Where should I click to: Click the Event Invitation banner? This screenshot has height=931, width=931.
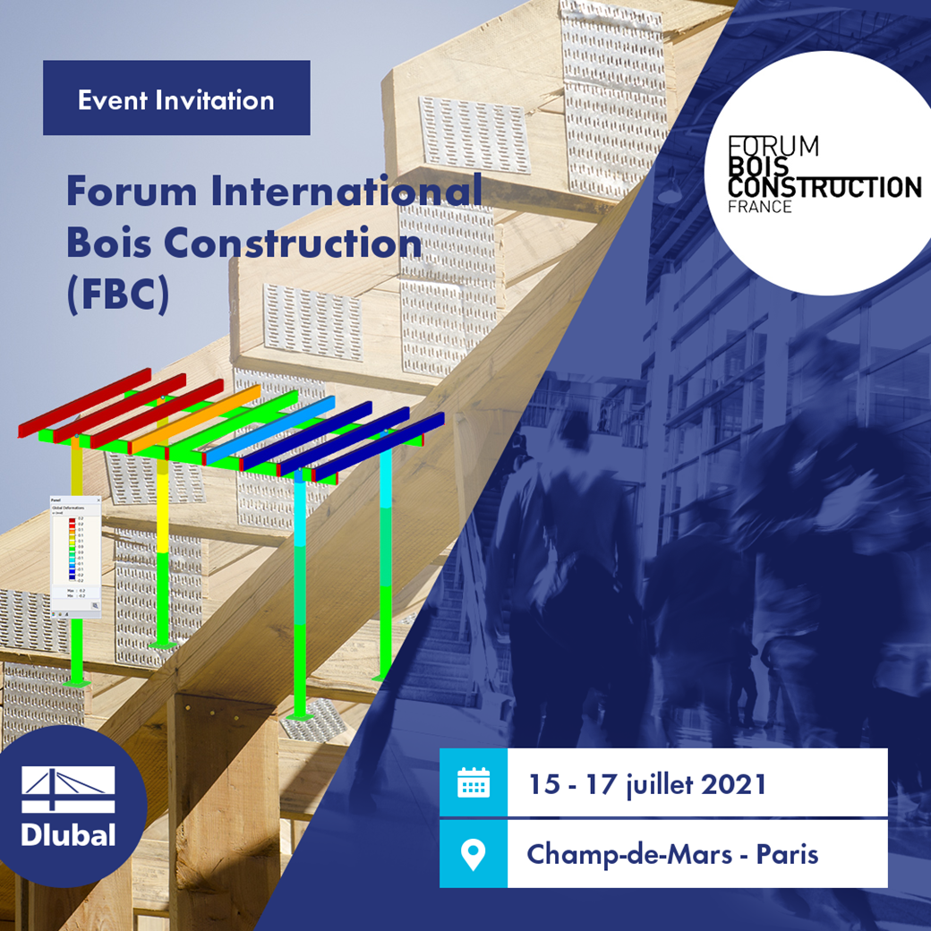pyautogui.click(x=176, y=98)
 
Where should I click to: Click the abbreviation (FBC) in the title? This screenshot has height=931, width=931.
pyautogui.click(x=117, y=296)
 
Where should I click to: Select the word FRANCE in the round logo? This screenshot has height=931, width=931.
pyautogui.click(x=759, y=207)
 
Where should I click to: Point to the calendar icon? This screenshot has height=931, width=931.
pyautogui.click(x=473, y=783)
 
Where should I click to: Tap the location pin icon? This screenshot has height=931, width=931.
pyautogui.click(x=473, y=853)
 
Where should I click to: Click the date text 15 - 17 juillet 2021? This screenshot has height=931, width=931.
pyautogui.click(x=647, y=784)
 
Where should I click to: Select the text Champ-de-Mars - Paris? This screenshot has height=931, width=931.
pyautogui.click(x=671, y=853)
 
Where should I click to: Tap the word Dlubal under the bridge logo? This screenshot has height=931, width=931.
pyautogui.click(x=68, y=834)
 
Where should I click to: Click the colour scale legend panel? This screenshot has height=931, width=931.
pyautogui.click(x=76, y=555)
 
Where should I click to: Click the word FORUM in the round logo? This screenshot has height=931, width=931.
pyautogui.click(x=773, y=145)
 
